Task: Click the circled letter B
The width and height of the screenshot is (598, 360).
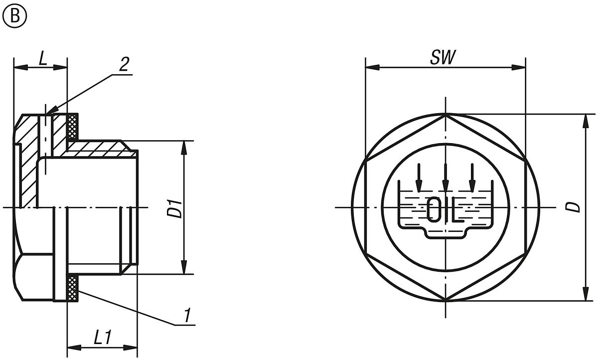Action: pyautogui.click(x=14, y=16)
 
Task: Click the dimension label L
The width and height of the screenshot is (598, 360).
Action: pyautogui.click(x=43, y=59)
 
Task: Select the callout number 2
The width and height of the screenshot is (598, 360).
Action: pyautogui.click(x=124, y=64)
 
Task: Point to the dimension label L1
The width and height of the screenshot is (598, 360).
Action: pyautogui.click(x=102, y=338)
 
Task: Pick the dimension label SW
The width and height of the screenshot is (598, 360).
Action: pyautogui.click(x=443, y=58)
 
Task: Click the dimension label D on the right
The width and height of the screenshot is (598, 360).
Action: pyautogui.click(x=576, y=207)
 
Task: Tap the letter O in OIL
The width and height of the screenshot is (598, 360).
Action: pyautogui.click(x=434, y=210)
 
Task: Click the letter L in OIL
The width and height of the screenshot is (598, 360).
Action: pyautogui.click(x=458, y=210)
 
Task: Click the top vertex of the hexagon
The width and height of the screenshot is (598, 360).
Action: pyautogui.click(x=445, y=114)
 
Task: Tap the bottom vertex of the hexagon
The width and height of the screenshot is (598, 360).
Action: pyautogui.click(x=445, y=300)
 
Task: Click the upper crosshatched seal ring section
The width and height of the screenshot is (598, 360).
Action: pyautogui.click(x=72, y=126)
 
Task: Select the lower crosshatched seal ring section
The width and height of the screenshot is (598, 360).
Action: pyautogui.click(x=72, y=288)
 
